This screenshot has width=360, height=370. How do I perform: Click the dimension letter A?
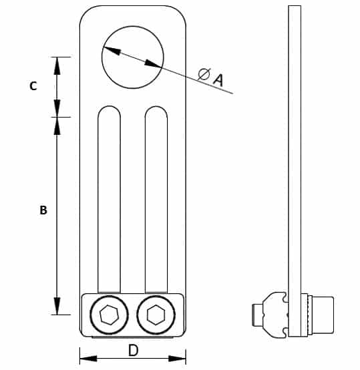pos(218,79)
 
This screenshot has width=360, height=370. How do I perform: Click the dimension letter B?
pos(43,210)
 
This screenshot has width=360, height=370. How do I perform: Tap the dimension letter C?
pos(33,86)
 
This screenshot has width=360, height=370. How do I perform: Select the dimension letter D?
pos(134,350)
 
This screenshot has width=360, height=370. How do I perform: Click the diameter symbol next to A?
pos(204,74)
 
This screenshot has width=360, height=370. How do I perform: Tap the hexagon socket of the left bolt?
pos(109,315)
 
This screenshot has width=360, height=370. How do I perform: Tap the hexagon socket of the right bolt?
pos(156,315)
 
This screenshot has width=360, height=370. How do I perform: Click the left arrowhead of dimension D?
pos(88,359)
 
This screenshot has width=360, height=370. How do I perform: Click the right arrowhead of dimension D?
pos(177,359)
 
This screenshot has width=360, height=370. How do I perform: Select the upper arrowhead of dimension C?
pos(57,66)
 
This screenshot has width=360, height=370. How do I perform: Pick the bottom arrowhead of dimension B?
pos(57,306)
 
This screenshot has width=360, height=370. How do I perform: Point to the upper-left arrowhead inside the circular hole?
pos(112,51)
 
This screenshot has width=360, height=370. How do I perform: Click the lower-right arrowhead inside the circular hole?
pos(154,63)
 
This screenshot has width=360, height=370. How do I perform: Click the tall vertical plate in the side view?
pos(295,171)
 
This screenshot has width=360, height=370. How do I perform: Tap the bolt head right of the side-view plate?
pos(323,315)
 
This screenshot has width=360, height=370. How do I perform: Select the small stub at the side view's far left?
pos(257,315)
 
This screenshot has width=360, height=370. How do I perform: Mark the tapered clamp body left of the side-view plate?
pos(275,315)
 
